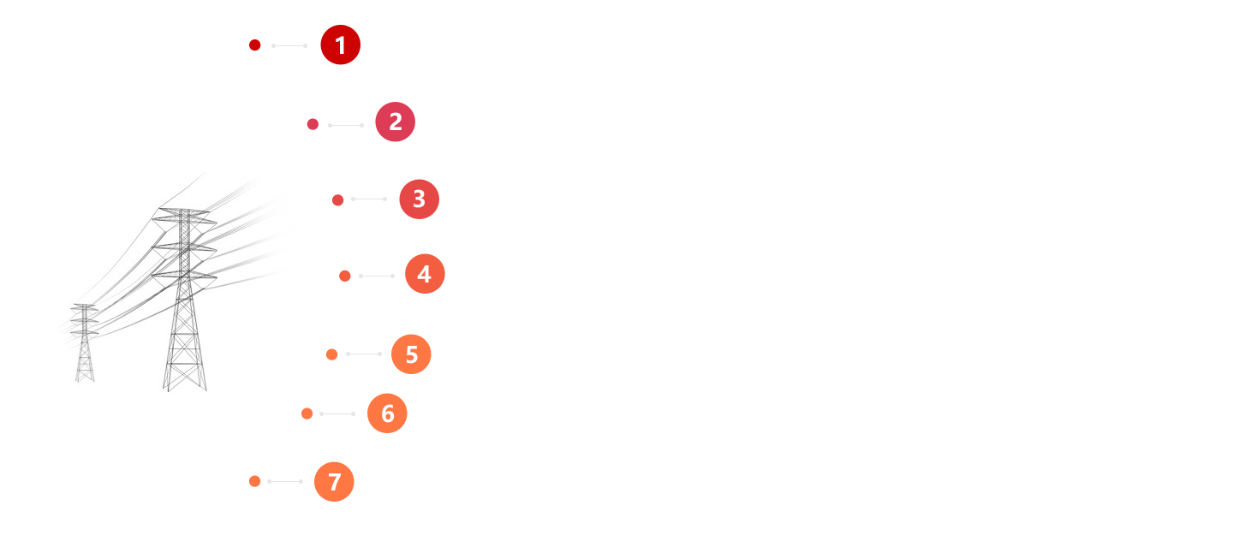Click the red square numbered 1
[x=341, y=45]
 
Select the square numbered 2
[x=395, y=122]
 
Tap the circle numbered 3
[x=419, y=199]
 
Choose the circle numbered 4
[x=425, y=274]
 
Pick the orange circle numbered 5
[x=411, y=354]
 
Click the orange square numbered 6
[x=387, y=413]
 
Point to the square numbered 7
[x=334, y=481]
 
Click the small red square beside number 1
[x=254, y=45]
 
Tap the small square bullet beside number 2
[x=313, y=124]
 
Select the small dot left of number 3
[x=338, y=200]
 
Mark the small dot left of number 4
[x=345, y=276]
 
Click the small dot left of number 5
[x=332, y=354]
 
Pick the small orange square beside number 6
[x=307, y=413]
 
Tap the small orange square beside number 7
[x=254, y=481]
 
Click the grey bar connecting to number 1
[x=289, y=45]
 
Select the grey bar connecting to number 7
[x=284, y=481]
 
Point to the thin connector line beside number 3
[x=369, y=199]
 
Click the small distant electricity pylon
[x=84, y=342]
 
